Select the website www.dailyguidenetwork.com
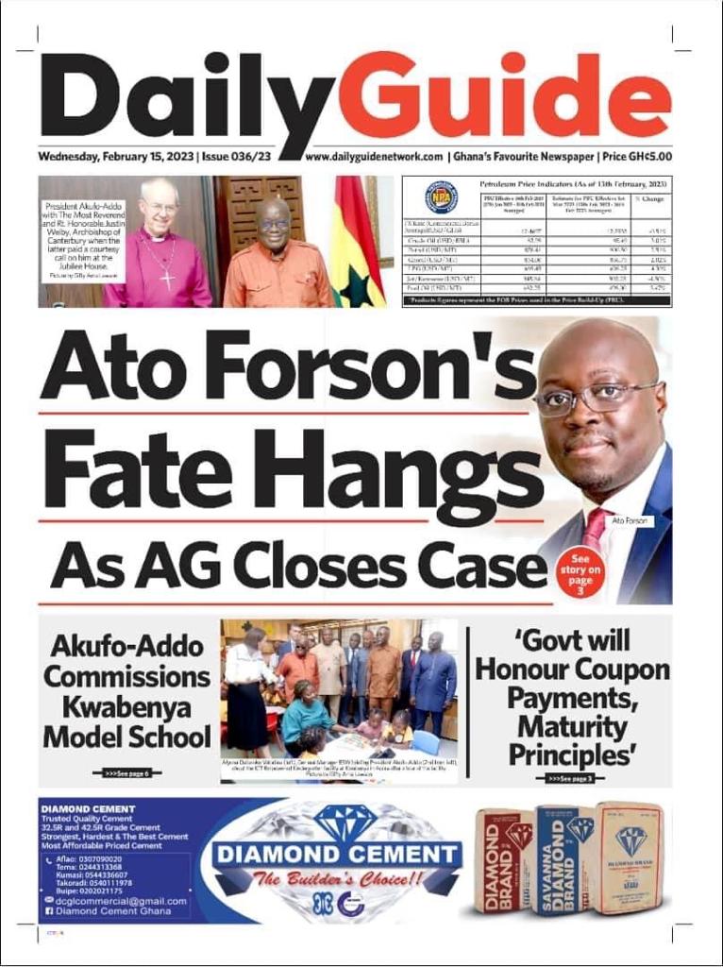pyautogui.click(x=374, y=157)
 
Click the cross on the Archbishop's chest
pyautogui.click(x=167, y=279)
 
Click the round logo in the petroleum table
pyautogui.click(x=441, y=196)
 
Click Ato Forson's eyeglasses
pyautogui.click(x=594, y=397)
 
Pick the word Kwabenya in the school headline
pyautogui.click(x=126, y=706)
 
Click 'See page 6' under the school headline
pyautogui.click(x=126, y=772)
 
